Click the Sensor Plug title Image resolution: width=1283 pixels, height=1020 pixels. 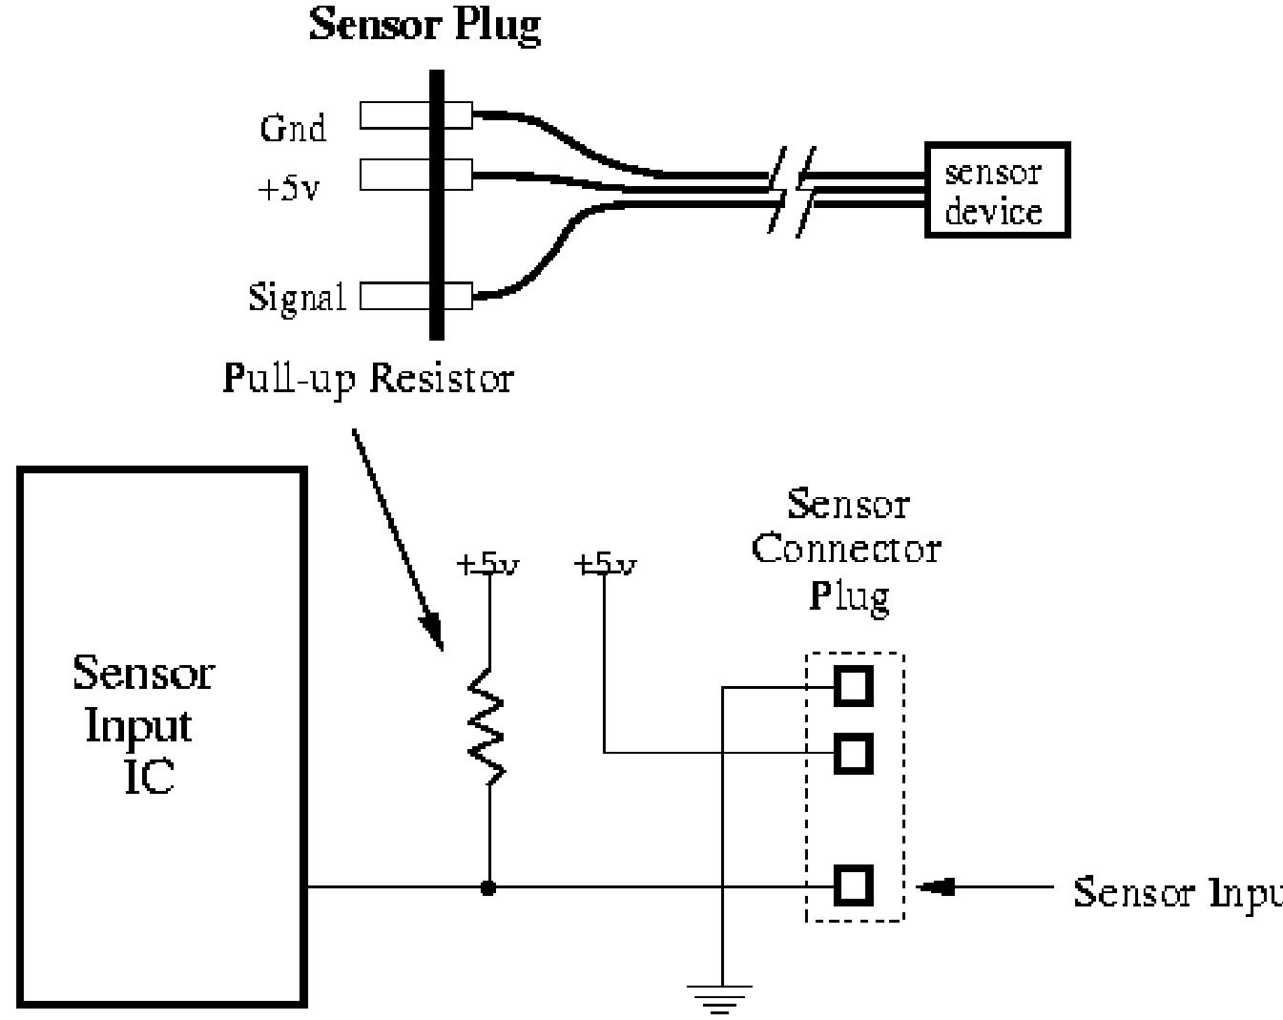[425, 25]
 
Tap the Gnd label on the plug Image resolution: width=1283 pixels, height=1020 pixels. [293, 128]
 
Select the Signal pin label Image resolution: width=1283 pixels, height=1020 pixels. [297, 298]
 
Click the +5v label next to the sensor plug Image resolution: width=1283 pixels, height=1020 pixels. [289, 188]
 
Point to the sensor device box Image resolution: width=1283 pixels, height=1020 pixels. [997, 191]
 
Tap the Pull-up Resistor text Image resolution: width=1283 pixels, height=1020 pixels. [368, 379]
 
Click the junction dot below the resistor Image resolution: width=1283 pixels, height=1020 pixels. [488, 888]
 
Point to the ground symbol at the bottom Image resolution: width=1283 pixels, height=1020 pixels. [722, 996]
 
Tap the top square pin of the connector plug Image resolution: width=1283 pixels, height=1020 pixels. [854, 685]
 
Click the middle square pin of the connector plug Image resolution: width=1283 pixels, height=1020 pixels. [854, 754]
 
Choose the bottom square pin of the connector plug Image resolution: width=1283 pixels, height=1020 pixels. [854, 886]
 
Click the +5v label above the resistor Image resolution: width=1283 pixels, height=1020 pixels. [487, 565]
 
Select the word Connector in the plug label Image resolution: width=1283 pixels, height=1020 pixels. [846, 550]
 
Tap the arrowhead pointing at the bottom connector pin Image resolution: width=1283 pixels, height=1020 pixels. [933, 887]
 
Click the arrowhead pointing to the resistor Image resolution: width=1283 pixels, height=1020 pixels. [432, 632]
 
